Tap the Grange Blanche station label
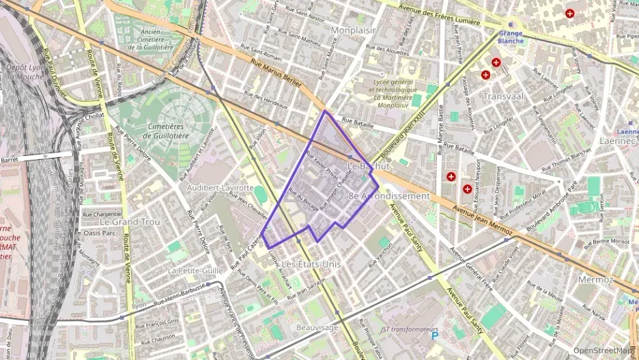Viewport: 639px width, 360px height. [x=511, y=37]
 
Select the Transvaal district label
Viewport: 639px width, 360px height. [x=503, y=96]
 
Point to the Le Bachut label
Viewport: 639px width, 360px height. [x=369, y=166]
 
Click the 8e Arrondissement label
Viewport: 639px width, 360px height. [x=389, y=196]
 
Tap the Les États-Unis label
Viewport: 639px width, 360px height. [x=311, y=264]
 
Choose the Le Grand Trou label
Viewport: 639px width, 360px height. [x=129, y=222]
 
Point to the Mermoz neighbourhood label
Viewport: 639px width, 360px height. [x=595, y=280]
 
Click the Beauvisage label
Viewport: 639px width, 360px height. [x=317, y=328]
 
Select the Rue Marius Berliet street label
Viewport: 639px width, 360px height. [x=276, y=72]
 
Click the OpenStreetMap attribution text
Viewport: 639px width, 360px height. [x=602, y=350]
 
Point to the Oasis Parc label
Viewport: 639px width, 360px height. [x=100, y=233]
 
